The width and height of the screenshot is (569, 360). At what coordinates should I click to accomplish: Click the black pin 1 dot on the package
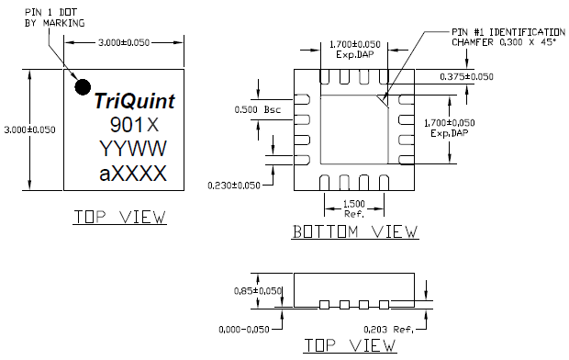point(83,86)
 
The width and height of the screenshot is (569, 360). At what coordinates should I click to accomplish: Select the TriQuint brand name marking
point(135,102)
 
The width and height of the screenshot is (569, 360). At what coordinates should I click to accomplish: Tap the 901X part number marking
point(134,125)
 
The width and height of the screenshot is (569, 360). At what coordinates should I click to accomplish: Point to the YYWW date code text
point(134,150)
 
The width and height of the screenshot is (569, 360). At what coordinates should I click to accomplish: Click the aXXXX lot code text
point(134,174)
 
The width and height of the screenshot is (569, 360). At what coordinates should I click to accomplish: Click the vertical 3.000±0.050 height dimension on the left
point(28,129)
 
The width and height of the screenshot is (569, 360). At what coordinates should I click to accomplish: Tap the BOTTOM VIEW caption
point(354,233)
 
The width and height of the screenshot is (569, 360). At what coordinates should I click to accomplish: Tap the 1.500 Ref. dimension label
point(352,207)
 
